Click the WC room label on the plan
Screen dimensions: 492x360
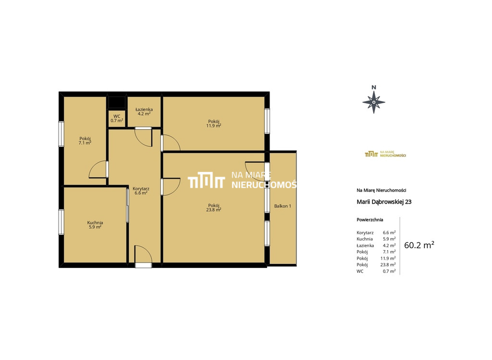(117, 118)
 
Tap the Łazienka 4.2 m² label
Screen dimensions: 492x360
(144, 111)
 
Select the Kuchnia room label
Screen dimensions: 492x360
(95, 225)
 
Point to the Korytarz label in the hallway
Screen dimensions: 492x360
(141, 191)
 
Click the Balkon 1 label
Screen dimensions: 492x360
(283, 206)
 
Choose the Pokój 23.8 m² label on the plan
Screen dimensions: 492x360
(213, 207)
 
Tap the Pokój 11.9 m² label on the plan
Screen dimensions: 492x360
(213, 123)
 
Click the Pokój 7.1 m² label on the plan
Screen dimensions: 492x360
(85, 141)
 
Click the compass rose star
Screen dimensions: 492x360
(374, 102)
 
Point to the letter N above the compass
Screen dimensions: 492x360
(374, 87)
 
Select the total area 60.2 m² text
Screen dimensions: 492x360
(419, 245)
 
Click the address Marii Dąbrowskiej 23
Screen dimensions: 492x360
(384, 202)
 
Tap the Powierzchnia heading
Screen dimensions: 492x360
(370, 219)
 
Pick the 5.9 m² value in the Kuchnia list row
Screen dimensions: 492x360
(389, 239)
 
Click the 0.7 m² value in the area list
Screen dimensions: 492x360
(389, 271)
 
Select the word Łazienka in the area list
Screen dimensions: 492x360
(365, 246)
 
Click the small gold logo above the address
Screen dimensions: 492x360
(385, 154)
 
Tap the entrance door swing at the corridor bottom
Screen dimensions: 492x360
(143, 254)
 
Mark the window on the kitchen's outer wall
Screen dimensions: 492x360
(61, 222)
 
